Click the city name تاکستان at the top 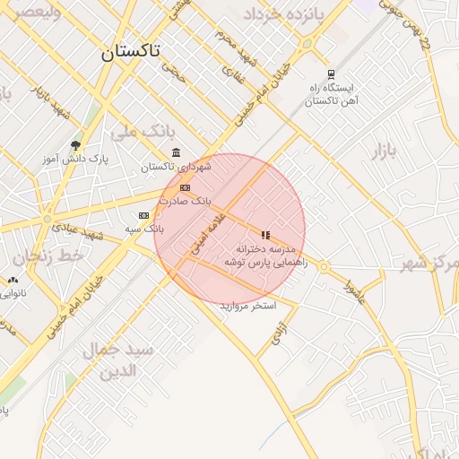130,51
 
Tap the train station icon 331,74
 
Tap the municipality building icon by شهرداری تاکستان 175,152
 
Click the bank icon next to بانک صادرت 185,187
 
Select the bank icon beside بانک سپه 143,215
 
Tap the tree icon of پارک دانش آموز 75,144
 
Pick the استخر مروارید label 248,307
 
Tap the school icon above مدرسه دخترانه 265,234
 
